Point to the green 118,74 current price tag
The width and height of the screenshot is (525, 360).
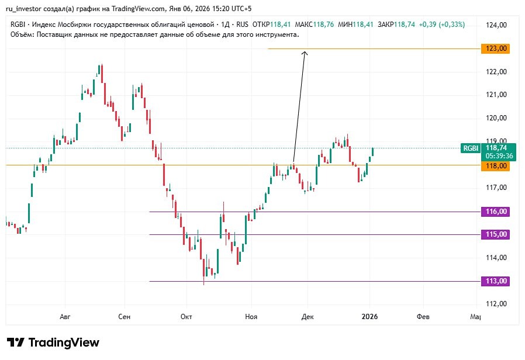(x=499, y=148)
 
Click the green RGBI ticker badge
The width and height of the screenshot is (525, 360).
(x=471, y=148)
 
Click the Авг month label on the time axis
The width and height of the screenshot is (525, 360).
(x=65, y=317)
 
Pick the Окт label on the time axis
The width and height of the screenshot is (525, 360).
(x=186, y=317)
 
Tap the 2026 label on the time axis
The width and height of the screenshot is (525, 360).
(x=369, y=317)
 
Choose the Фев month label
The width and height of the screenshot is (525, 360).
(x=423, y=317)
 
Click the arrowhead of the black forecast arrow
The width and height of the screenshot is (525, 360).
(x=305, y=53)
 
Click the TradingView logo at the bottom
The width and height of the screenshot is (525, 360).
(x=53, y=342)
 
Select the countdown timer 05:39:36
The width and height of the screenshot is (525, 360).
(x=499, y=156)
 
